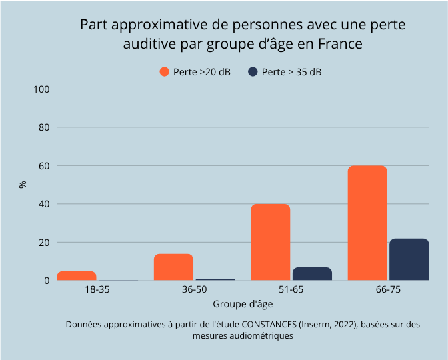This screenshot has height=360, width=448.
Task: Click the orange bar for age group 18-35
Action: (77, 276)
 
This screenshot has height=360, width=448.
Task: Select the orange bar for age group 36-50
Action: (173, 267)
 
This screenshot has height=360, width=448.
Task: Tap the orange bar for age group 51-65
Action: (270, 242)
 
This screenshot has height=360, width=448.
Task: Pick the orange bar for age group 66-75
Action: (367, 223)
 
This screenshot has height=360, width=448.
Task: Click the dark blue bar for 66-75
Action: (409, 259)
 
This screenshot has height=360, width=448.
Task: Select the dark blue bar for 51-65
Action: (312, 274)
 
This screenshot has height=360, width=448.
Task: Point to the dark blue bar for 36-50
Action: (215, 279)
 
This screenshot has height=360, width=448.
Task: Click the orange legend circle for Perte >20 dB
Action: (164, 72)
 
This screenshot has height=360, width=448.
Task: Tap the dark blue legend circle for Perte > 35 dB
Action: (253, 72)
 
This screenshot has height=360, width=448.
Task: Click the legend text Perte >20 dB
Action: (201, 72)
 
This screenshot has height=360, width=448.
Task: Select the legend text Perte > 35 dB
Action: (291, 72)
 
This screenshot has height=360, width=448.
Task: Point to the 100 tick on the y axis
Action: (42, 89)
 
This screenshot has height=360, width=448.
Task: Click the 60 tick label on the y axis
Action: (45, 166)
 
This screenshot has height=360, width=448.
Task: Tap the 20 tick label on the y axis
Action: (45, 243)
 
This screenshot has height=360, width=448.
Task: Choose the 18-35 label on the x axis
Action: (97, 291)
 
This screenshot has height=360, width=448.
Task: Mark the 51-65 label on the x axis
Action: (291, 291)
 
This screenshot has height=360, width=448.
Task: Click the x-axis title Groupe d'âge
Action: (242, 305)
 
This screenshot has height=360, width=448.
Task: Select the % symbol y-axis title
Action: (23, 185)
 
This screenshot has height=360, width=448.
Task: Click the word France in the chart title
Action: (339, 45)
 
